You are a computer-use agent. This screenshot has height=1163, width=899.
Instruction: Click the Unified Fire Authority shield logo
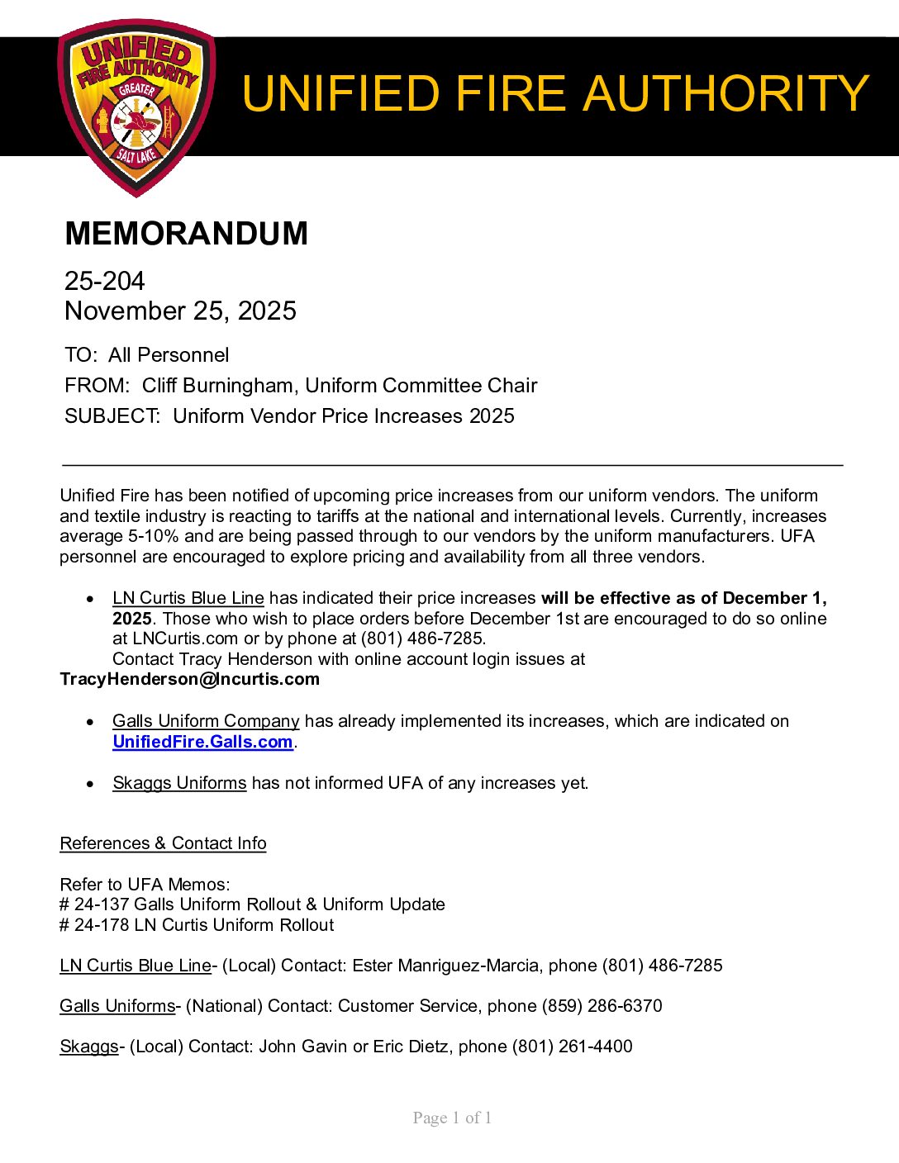136,107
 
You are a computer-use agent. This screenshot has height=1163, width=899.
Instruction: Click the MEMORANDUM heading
186,234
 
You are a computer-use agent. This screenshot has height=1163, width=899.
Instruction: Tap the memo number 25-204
105,281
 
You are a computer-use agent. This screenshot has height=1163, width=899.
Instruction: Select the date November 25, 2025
180,311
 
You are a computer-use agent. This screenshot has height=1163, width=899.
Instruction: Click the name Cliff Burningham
217,386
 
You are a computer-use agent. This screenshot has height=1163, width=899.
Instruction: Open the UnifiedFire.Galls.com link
202,742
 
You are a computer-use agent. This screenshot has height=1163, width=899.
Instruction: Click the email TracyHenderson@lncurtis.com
189,679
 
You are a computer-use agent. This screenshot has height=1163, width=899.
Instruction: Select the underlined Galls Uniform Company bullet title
206,721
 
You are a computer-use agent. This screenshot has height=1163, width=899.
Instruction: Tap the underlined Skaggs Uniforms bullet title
179,782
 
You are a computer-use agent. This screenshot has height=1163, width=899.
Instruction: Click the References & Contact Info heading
163,843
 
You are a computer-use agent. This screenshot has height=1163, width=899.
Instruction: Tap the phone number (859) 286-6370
602,1006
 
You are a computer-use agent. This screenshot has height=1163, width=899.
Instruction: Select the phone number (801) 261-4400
572,1047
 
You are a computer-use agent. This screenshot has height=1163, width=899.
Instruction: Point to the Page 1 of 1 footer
452,1118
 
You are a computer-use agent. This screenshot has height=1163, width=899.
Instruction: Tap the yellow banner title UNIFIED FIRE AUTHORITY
554,93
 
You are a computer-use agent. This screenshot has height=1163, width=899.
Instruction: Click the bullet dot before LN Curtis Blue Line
91,599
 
